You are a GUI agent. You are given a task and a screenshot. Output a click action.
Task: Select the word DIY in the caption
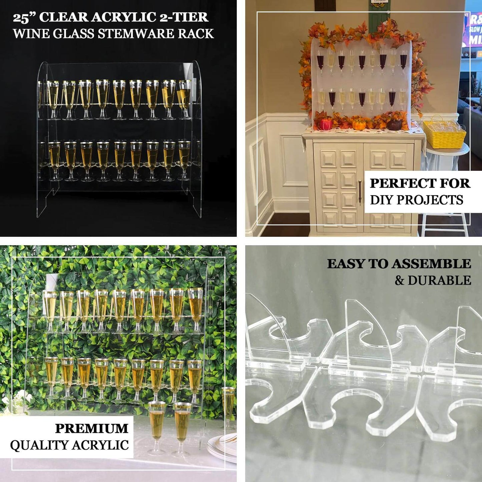(x=381, y=200)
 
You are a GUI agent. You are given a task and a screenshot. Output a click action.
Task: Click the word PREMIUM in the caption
(x=92, y=428)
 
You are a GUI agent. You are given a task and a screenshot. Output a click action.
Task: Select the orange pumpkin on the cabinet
(x=359, y=124)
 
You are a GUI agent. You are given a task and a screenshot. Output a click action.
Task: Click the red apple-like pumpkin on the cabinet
(x=326, y=124)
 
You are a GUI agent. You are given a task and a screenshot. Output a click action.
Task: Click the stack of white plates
(x=222, y=447)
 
